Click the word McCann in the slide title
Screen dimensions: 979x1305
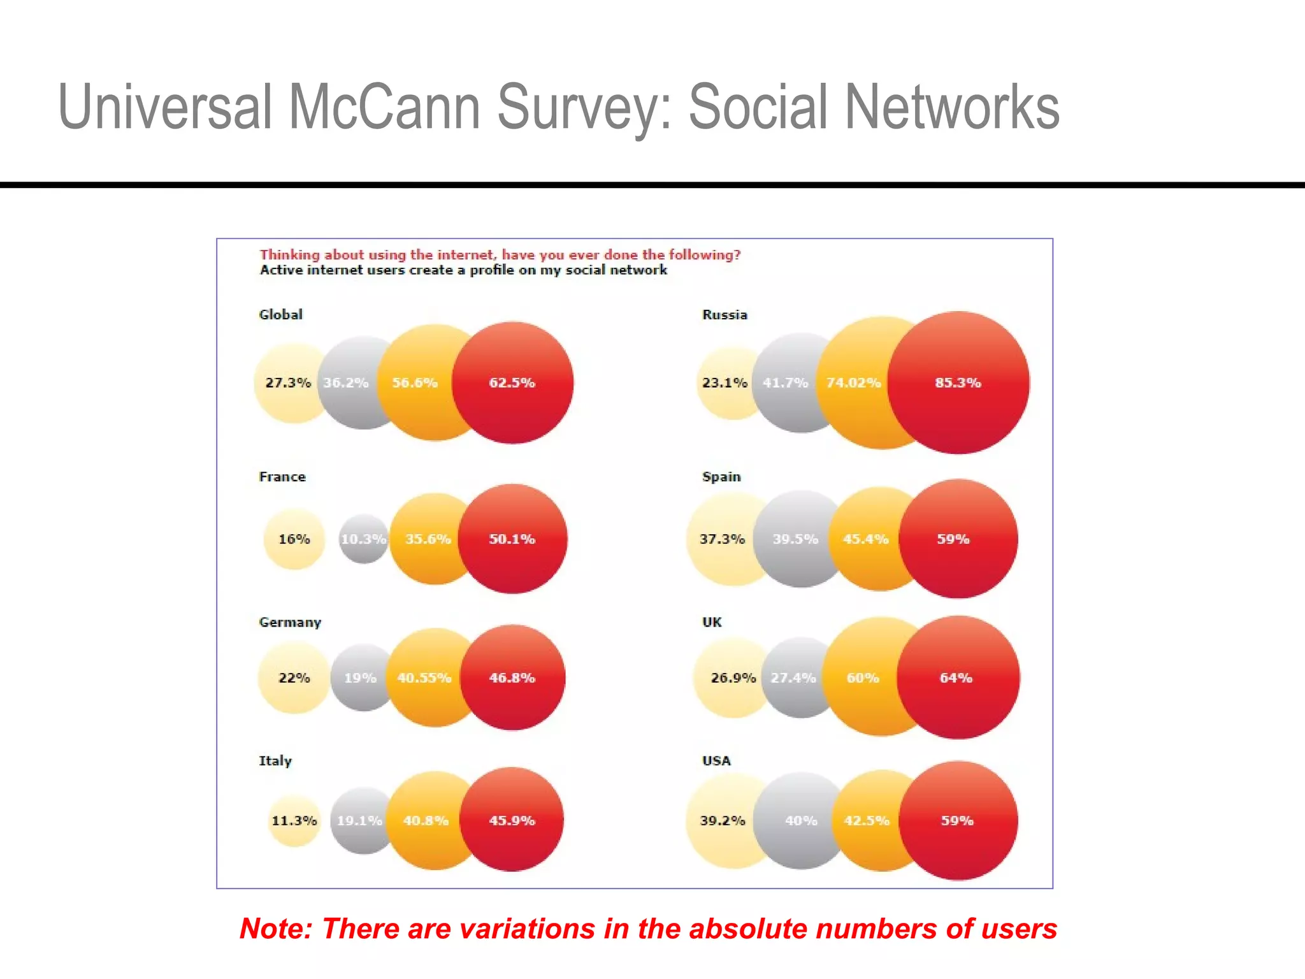coord(384,107)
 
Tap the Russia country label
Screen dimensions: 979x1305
coord(724,315)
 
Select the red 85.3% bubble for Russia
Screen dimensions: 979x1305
coord(958,383)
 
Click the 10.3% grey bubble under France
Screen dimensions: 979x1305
coord(363,539)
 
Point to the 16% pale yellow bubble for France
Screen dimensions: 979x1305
coord(294,539)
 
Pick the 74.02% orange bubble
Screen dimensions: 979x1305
coord(853,383)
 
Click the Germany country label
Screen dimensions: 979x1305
coord(289,622)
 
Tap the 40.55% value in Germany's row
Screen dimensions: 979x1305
coord(424,678)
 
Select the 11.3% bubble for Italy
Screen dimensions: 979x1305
coord(294,821)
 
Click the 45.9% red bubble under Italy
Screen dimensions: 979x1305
coord(512,821)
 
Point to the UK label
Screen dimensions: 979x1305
coord(712,622)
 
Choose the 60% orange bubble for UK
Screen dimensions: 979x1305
coord(863,678)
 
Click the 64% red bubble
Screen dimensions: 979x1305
coord(956,678)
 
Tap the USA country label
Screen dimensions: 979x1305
coord(716,761)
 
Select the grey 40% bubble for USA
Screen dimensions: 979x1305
coord(801,821)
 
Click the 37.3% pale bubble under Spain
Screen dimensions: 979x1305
coord(722,539)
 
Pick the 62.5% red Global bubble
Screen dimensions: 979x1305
coord(512,383)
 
